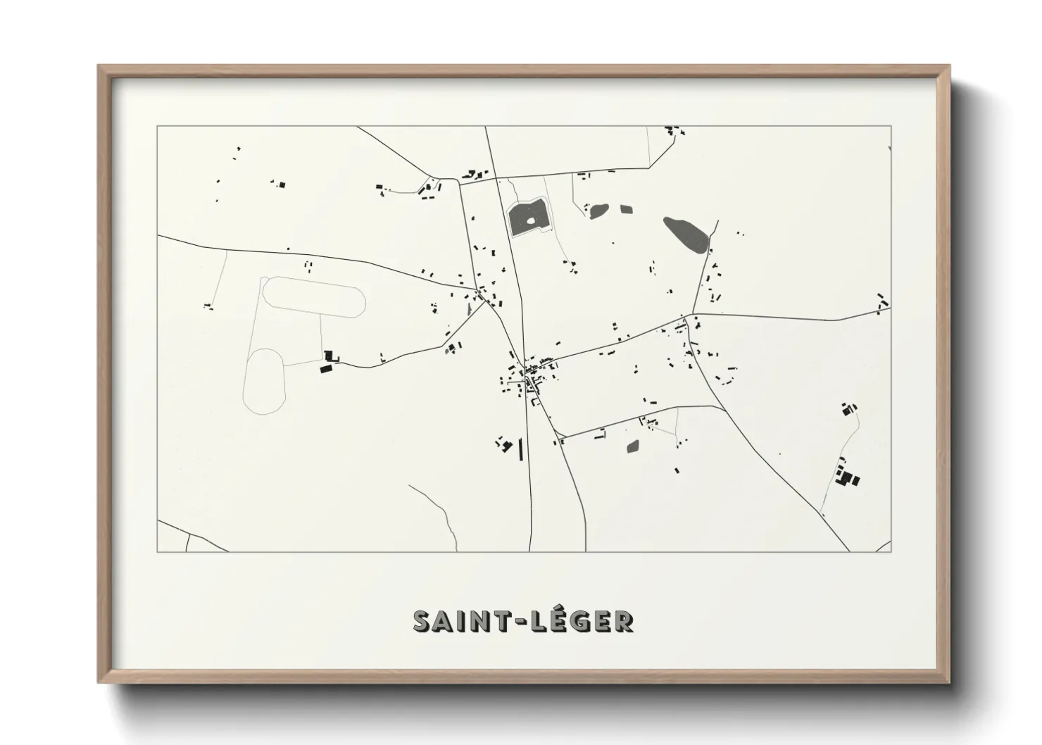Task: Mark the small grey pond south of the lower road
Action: point(633,446)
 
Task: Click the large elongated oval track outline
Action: point(314,296)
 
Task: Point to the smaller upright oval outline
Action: point(264,380)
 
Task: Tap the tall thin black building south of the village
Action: point(521,449)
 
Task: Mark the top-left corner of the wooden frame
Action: point(100,67)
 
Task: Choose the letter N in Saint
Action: point(477,621)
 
